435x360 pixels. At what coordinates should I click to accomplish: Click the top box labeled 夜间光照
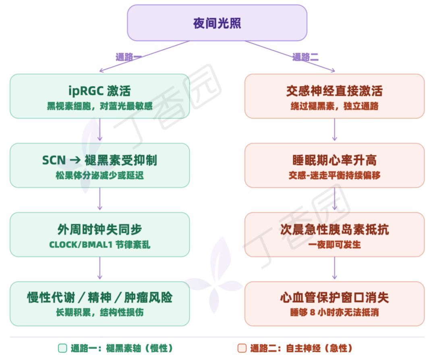click(217, 23)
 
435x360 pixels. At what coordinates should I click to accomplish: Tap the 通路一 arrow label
click(128, 57)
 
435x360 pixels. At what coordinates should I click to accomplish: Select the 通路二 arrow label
click(305, 57)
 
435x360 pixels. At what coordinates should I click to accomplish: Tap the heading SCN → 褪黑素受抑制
click(99, 160)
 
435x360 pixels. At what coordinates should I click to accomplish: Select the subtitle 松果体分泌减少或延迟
click(99, 175)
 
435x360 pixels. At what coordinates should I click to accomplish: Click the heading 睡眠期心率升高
click(334, 160)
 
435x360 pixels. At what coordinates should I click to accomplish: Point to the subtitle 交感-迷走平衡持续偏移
click(334, 175)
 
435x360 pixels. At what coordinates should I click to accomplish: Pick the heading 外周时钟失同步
click(99, 229)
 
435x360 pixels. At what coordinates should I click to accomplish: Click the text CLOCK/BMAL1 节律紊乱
click(99, 245)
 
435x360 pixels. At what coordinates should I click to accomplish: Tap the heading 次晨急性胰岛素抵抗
click(334, 229)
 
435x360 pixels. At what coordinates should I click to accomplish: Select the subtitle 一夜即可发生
click(334, 245)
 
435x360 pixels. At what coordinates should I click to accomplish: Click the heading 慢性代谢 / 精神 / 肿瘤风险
click(99, 298)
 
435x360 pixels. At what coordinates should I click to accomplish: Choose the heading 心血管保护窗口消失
click(334, 298)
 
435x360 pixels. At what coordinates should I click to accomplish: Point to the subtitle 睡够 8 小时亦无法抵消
click(334, 313)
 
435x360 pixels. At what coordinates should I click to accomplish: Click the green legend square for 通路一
click(62, 348)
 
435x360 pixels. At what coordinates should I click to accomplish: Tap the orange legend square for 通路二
click(242, 348)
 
